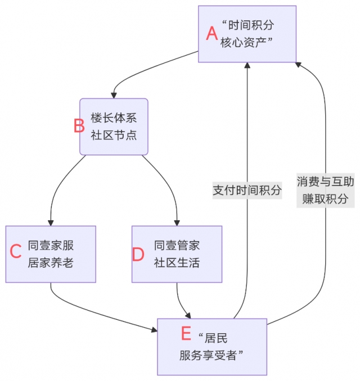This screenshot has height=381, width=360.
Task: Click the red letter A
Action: [211, 34]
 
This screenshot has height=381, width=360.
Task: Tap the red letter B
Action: [79, 126]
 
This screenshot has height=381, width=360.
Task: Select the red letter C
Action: [16, 252]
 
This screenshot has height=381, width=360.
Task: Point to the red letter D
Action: [138, 255]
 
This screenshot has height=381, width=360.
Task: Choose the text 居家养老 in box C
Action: [51, 262]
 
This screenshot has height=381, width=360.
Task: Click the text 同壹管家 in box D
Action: [177, 246]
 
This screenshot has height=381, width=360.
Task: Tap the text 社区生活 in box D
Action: [177, 262]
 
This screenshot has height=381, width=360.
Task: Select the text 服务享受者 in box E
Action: [215, 355]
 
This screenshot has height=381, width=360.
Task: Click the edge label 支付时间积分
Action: [247, 190]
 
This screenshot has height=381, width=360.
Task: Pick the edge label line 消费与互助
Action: [326, 182]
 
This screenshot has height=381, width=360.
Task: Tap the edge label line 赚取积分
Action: [326, 199]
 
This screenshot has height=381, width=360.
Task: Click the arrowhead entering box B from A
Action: [114, 94]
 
